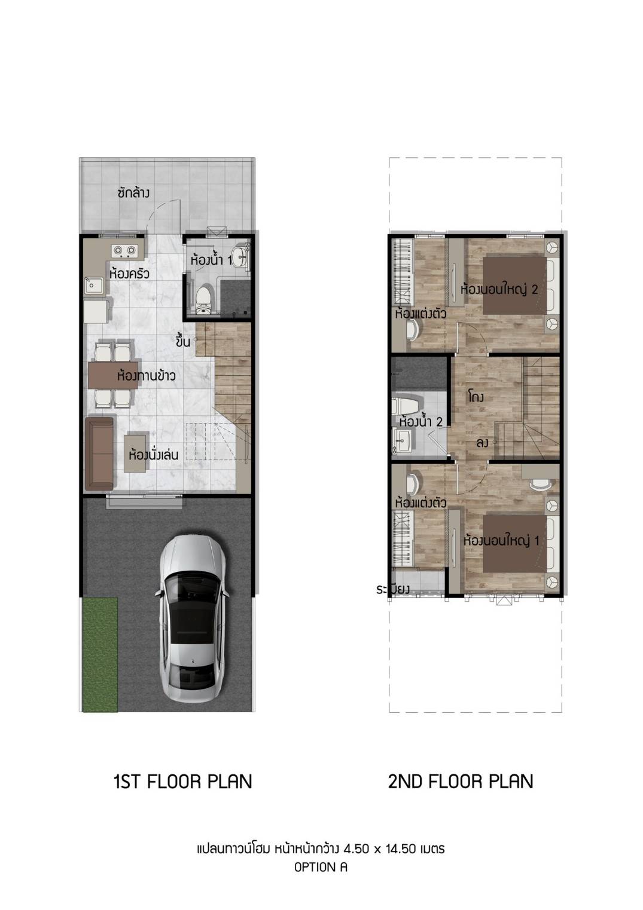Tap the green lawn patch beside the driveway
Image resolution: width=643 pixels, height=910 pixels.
(x=100, y=654)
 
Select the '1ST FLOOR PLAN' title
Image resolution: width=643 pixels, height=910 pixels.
(x=182, y=781)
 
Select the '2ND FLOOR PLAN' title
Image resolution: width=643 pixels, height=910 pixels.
(x=461, y=781)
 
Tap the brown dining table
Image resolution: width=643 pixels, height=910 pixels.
(x=112, y=375)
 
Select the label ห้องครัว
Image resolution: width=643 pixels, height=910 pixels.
(x=129, y=273)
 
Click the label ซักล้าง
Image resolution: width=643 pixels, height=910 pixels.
(x=133, y=192)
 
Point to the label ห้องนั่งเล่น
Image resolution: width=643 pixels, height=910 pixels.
(x=153, y=455)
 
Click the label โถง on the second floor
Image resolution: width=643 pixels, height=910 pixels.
(x=476, y=397)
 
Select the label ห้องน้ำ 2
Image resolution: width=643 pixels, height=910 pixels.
(x=420, y=422)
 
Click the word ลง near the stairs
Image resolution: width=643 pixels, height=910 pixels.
(x=482, y=443)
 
